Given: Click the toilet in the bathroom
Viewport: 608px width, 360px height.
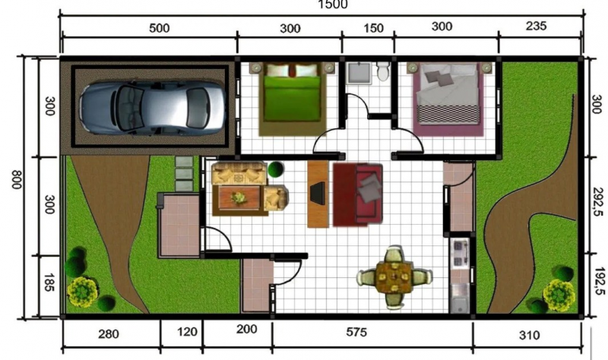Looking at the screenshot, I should click(x=382, y=72).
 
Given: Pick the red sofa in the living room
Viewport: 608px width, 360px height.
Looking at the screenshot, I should click(x=358, y=194).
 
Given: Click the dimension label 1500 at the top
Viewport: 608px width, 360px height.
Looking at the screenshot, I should click(x=332, y=5).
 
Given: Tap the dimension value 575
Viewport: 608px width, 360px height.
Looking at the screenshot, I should click(x=372, y=332).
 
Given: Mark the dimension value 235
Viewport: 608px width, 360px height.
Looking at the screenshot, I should click(x=536, y=27).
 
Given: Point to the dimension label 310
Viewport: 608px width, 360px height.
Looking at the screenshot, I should click(x=529, y=333).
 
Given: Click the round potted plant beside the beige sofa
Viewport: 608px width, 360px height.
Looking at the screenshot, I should click(x=277, y=169).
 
